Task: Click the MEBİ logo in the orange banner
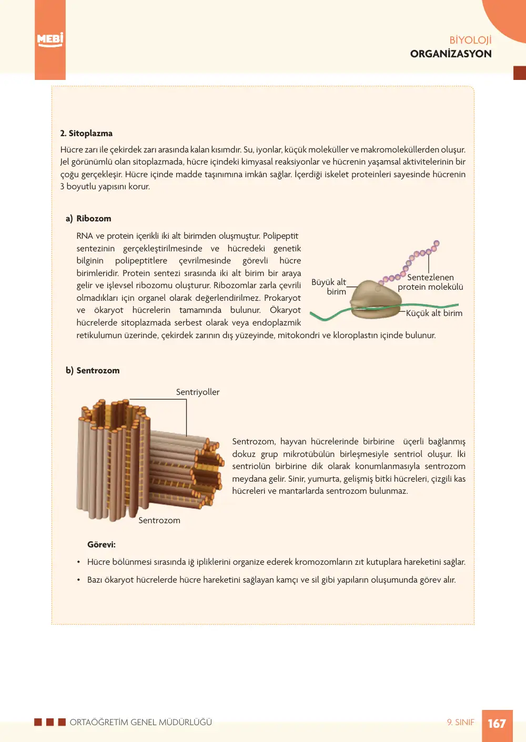(x=50, y=40)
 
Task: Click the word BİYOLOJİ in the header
(x=470, y=40)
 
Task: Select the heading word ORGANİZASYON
(x=451, y=54)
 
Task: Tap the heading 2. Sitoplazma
(x=86, y=133)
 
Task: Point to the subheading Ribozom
(x=94, y=218)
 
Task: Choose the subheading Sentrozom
(x=98, y=370)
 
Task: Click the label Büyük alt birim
(x=329, y=287)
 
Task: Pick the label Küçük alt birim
(x=434, y=313)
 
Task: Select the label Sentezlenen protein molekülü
(x=430, y=282)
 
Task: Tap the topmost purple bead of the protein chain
(x=437, y=243)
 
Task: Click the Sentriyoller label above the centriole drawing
(x=198, y=392)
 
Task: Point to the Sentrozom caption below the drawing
(x=159, y=520)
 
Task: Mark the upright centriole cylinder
(x=113, y=461)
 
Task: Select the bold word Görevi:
(x=102, y=544)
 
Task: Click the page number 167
(x=497, y=723)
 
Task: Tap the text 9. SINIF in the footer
(x=460, y=722)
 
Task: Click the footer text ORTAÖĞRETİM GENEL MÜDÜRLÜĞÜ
(x=141, y=722)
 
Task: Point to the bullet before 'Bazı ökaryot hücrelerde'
(x=78, y=580)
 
